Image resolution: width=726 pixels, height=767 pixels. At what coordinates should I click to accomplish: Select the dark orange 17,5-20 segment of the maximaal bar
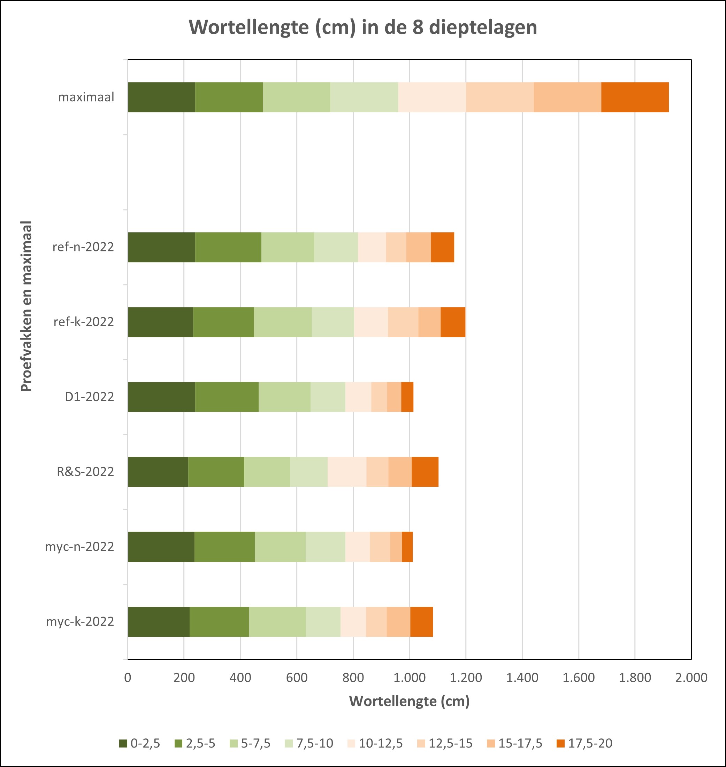(x=635, y=97)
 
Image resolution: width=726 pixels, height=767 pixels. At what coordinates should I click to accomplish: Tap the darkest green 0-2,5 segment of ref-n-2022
(x=161, y=247)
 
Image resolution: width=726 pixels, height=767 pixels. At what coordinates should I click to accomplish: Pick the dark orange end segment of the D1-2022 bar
(x=407, y=397)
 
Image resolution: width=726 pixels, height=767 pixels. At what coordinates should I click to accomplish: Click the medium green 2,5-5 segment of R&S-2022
(x=216, y=472)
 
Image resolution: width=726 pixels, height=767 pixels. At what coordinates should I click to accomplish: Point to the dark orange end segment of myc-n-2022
(x=407, y=547)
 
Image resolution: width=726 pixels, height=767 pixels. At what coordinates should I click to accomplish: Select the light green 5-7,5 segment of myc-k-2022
(x=277, y=621)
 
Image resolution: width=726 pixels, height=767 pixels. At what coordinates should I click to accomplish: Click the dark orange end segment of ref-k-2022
(x=453, y=322)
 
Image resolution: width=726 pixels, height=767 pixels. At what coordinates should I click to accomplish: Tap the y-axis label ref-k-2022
(x=84, y=322)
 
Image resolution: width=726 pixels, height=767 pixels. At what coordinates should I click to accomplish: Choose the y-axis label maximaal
(x=86, y=97)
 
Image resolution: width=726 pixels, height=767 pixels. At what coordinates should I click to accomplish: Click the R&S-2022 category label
(x=85, y=472)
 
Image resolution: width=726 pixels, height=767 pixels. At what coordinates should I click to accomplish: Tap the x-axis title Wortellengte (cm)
(x=409, y=701)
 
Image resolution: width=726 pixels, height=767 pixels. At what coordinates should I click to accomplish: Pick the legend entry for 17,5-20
(x=584, y=743)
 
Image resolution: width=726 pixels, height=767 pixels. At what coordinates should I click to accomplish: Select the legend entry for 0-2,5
(x=140, y=743)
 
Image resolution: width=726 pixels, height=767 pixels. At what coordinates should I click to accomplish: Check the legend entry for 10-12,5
(x=375, y=743)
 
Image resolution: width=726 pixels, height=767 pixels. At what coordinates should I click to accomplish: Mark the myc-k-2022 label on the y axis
(x=80, y=621)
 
